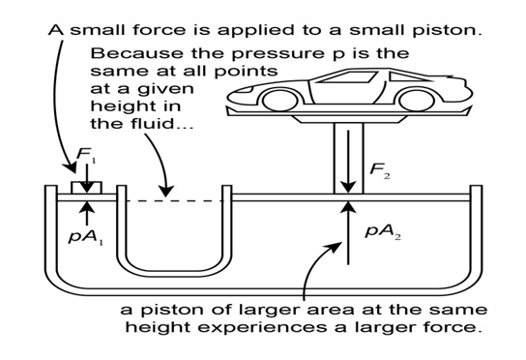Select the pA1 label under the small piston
(x=86, y=237)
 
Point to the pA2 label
(x=383, y=231)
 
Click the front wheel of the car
(x=279, y=101)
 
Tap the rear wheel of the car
(x=417, y=101)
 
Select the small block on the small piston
(x=87, y=188)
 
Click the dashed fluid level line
(x=174, y=201)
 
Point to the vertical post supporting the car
(x=348, y=158)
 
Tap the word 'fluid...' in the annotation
(x=161, y=124)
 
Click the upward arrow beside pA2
(x=348, y=232)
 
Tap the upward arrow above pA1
(x=87, y=213)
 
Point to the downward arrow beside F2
(x=348, y=163)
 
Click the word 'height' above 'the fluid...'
(x=135, y=106)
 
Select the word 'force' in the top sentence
(x=159, y=30)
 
